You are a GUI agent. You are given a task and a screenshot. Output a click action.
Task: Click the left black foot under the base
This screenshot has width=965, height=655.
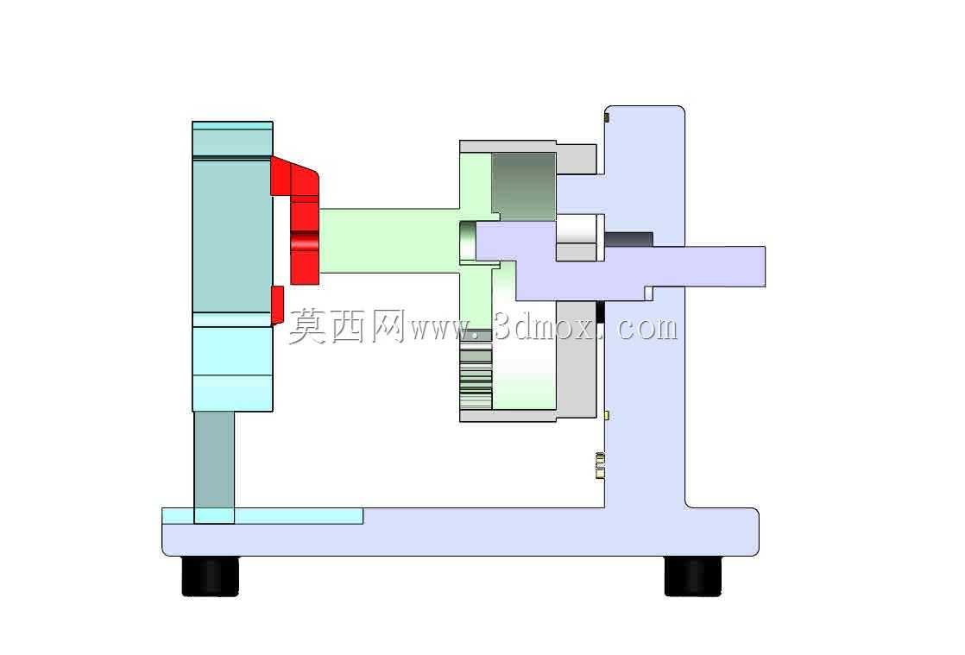tap(210, 576)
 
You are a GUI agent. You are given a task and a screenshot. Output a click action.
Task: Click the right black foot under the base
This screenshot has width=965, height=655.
tap(693, 576)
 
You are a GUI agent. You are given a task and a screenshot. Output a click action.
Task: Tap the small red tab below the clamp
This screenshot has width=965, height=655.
tap(277, 305)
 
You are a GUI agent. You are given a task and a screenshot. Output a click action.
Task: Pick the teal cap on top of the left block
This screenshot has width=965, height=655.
tap(233, 139)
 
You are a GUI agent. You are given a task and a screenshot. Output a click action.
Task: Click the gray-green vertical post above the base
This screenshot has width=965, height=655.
tap(214, 467)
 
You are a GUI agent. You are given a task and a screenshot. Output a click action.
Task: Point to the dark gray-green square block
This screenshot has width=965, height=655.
tap(524, 186)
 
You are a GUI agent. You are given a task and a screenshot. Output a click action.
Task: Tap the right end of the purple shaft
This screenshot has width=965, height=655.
tap(765, 267)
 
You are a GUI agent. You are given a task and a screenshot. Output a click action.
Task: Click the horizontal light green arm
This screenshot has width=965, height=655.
tap(389, 241)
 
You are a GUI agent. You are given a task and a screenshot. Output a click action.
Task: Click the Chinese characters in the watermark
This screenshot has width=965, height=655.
tap(346, 326)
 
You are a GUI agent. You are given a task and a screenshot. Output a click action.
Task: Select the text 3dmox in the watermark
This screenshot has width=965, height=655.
tap(546, 327)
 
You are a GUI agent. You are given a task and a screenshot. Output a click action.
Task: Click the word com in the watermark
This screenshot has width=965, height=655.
tap(646, 329)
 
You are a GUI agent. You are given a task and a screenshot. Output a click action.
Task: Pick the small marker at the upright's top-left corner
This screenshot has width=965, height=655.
tap(607, 117)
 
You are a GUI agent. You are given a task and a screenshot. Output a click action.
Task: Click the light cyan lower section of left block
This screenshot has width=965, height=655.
tap(233, 368)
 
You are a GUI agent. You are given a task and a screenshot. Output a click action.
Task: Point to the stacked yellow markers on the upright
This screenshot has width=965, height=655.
tap(599, 465)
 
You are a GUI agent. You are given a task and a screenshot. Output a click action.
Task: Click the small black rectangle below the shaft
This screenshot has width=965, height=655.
tap(601, 312)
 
